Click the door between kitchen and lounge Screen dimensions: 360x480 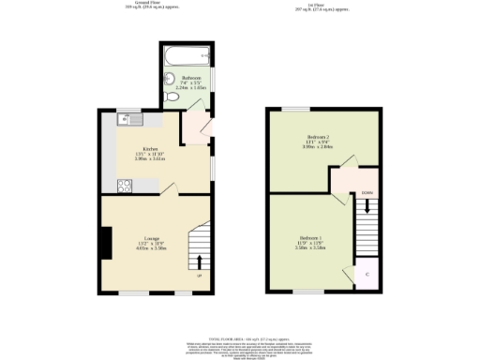(x=169, y=191)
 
